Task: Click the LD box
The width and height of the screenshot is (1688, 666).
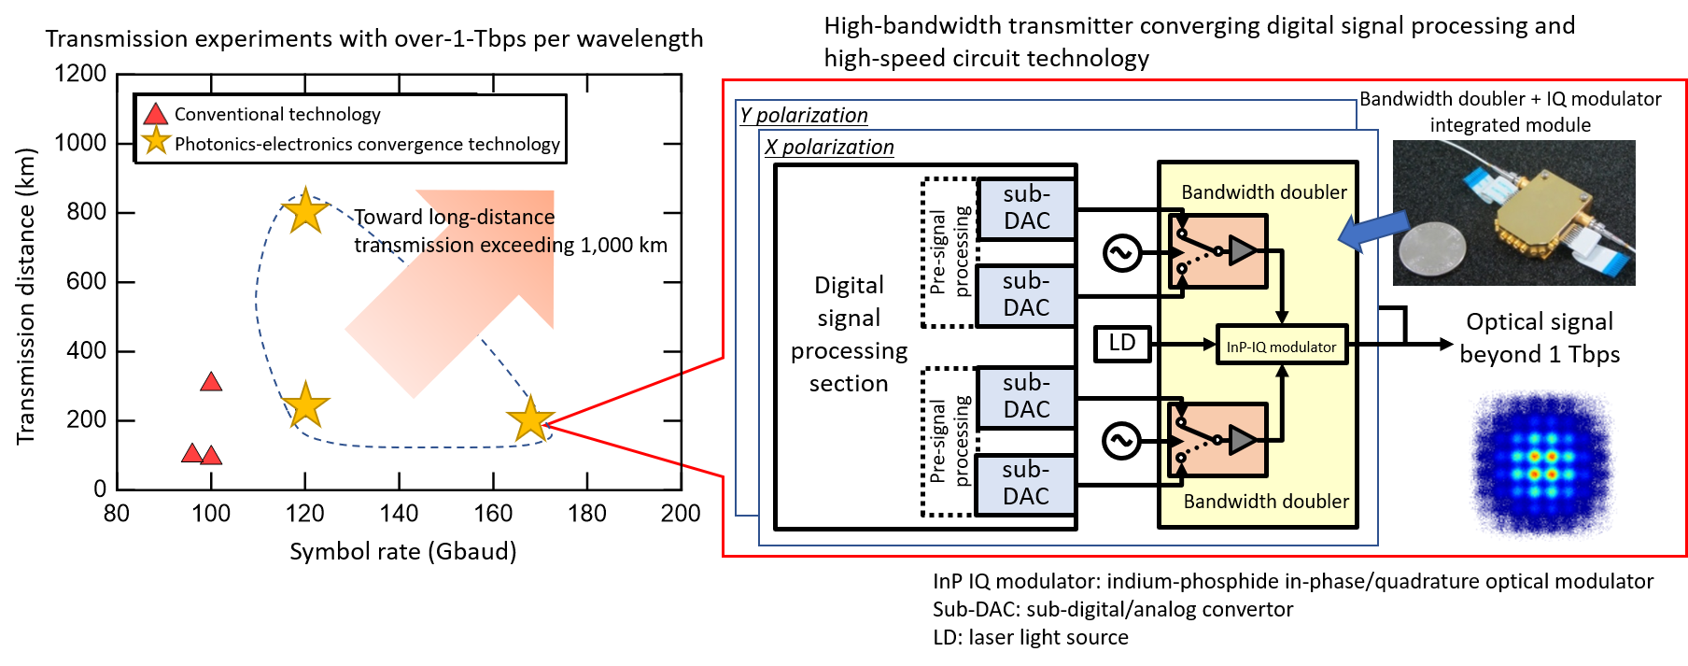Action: click(1122, 344)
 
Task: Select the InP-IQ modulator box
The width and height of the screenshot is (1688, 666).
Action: click(1281, 346)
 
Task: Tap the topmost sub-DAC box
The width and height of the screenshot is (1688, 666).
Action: click(1026, 208)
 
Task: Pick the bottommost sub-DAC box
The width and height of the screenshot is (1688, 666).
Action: click(1025, 484)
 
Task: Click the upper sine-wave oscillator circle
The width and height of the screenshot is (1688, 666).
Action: click(1121, 252)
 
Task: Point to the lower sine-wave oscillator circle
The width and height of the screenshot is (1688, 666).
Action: click(1121, 441)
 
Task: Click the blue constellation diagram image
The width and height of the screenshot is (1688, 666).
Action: click(1543, 465)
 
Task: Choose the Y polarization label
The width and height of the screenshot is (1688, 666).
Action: click(804, 115)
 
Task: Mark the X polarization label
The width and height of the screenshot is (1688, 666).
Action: click(829, 147)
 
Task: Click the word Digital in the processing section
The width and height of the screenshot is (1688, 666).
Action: click(849, 285)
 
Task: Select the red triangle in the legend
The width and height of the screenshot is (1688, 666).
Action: click(155, 115)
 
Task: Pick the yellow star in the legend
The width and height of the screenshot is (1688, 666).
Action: click(155, 142)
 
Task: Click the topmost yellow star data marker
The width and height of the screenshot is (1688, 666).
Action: click(305, 211)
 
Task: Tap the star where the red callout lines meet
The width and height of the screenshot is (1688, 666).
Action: click(530, 418)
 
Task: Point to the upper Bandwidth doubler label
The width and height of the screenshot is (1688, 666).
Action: click(1263, 192)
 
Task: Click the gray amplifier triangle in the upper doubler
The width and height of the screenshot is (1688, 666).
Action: click(1242, 250)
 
